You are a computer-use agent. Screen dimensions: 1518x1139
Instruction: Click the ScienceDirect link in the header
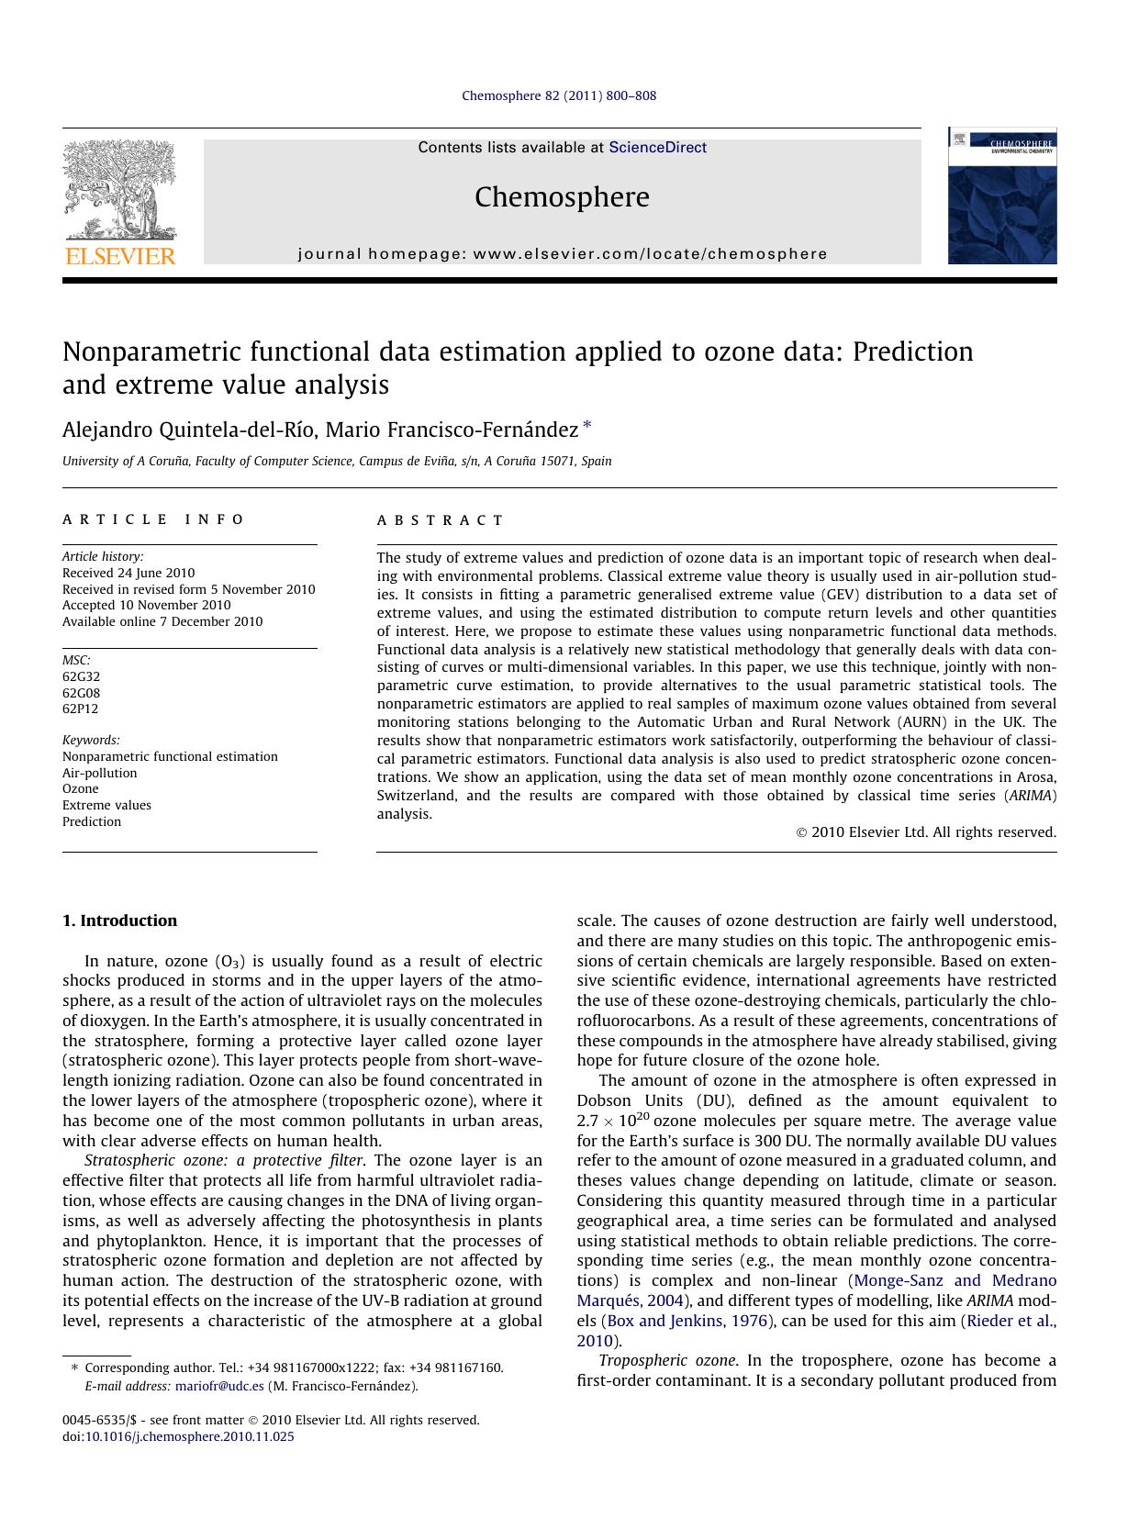click(657, 148)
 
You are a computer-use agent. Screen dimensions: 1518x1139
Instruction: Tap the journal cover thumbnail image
click(1001, 196)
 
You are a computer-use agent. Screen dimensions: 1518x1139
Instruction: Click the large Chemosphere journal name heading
click(562, 197)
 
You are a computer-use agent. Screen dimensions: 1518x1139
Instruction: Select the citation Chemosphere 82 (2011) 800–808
click(558, 95)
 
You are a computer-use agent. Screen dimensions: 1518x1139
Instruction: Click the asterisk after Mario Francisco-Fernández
click(587, 426)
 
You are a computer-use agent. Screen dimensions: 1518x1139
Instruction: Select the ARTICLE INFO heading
click(153, 519)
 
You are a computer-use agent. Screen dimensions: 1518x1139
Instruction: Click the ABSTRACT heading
click(440, 520)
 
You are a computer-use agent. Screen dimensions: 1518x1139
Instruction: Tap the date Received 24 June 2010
click(128, 573)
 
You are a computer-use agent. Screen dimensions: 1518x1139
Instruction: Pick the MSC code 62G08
click(81, 693)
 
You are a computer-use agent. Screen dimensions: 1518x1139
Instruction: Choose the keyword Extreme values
click(106, 805)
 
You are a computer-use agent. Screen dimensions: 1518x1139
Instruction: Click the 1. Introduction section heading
click(119, 921)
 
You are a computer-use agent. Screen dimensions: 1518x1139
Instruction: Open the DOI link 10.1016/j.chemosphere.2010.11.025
click(189, 1437)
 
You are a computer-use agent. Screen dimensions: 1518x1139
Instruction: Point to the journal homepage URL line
click(562, 254)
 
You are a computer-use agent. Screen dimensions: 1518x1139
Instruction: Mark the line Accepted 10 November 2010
click(146, 605)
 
